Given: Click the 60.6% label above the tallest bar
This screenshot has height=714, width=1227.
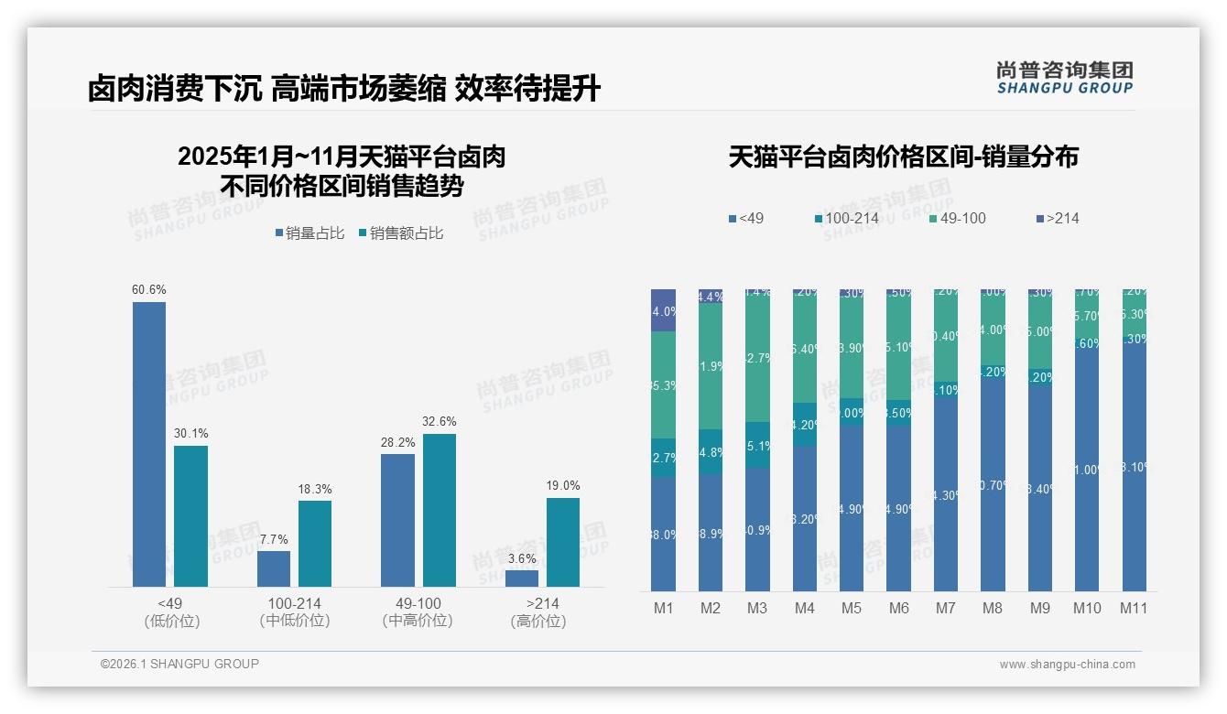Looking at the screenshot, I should click(x=149, y=290).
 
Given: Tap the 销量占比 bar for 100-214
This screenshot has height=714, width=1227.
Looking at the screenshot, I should click(x=274, y=568).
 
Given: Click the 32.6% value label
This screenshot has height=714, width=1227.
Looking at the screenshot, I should click(x=440, y=422).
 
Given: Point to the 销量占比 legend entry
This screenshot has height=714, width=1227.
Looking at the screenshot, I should click(x=309, y=233).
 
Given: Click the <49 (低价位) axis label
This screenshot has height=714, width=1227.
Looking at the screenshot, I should click(x=171, y=612).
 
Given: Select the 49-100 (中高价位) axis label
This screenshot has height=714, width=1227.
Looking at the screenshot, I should click(x=418, y=612).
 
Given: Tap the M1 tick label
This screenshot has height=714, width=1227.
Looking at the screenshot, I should click(x=664, y=608).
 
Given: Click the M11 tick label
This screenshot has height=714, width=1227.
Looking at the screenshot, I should click(x=1134, y=608).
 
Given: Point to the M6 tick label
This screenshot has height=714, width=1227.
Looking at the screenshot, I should click(x=898, y=608).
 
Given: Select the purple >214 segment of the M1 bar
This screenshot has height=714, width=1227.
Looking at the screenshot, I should click(x=664, y=310).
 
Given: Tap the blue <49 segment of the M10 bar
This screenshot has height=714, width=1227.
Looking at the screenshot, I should click(x=1087, y=476).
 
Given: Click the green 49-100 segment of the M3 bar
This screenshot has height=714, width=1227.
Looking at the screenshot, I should click(x=757, y=357).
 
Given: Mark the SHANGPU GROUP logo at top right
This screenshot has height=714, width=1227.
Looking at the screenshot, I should click(x=1064, y=77).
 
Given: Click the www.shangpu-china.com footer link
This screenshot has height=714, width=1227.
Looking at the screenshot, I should click(x=1067, y=665).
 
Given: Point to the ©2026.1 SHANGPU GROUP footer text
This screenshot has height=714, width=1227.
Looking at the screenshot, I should click(x=179, y=664).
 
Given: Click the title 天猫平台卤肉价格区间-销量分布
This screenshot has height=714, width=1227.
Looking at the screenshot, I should click(x=903, y=157).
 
